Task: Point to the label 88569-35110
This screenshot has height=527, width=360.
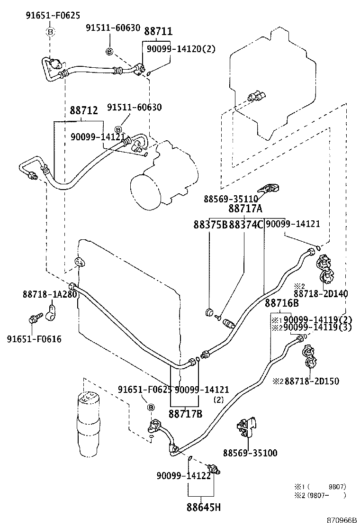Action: click(x=231, y=199)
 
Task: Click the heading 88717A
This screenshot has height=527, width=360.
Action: click(x=245, y=209)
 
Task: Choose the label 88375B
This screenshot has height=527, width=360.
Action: click(x=210, y=224)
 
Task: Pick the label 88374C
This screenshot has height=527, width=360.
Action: click(x=245, y=224)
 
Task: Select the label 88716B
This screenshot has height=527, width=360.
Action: click(x=281, y=303)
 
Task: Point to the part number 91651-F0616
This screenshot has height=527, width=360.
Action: click(x=34, y=339)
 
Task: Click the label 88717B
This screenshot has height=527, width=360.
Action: click(x=186, y=414)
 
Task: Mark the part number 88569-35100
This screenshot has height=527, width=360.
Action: click(x=250, y=453)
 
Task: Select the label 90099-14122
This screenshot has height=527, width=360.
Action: click(x=183, y=476)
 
